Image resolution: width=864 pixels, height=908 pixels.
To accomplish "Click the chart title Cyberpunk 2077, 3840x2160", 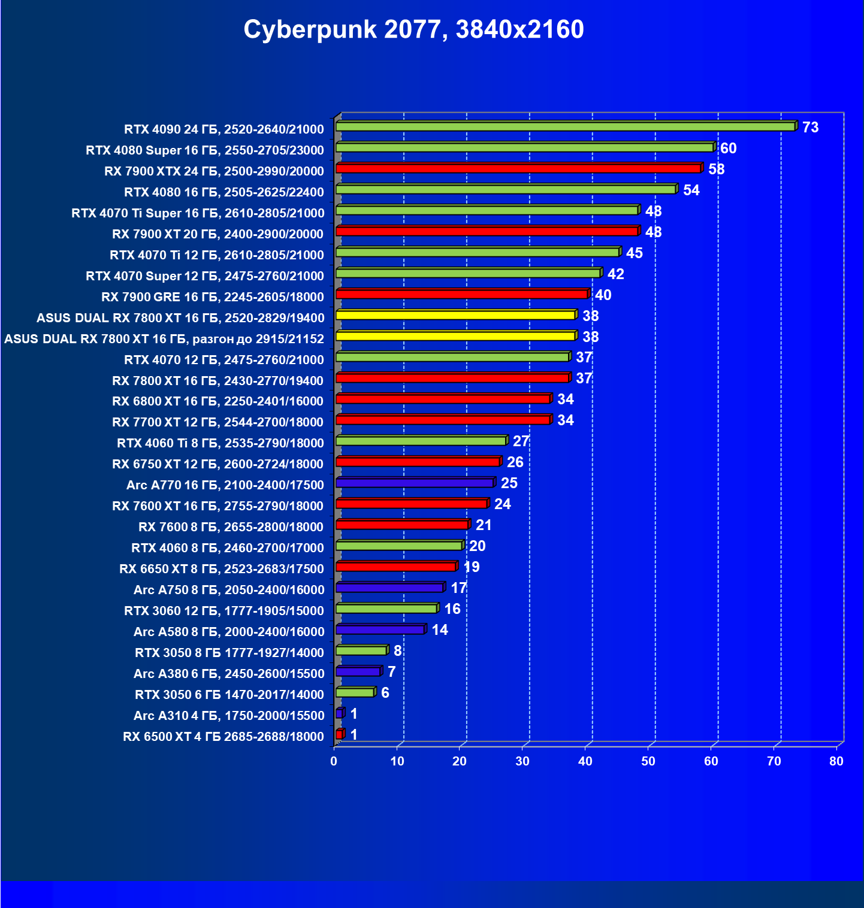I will tap(413, 29).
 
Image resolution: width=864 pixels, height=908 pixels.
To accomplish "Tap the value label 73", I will tap(810, 128).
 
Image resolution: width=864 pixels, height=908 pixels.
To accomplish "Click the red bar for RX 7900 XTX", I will tap(518, 168).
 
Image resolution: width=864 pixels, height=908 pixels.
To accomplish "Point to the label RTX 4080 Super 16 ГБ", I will tap(204, 150).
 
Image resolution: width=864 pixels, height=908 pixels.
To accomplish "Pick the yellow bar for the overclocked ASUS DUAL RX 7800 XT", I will tap(455, 336).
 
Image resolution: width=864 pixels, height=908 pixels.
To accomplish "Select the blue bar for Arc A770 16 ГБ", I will tap(415, 483).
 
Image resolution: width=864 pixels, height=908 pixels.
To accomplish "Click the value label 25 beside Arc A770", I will tap(509, 483).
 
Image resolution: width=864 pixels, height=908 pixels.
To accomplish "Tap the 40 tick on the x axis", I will tap(585, 761).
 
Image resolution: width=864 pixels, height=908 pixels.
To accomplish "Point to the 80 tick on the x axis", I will tap(836, 761).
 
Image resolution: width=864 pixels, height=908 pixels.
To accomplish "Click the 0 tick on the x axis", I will tap(334, 761).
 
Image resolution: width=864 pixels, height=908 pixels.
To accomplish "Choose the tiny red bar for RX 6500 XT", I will tap(340, 734).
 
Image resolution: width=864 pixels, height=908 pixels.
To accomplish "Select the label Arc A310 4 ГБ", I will tap(229, 716).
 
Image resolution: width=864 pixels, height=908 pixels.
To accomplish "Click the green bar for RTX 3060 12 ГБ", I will tap(386, 609).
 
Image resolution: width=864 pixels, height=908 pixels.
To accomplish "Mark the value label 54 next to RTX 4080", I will tap(691, 190).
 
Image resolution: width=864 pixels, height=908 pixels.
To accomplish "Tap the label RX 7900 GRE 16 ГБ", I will tap(213, 297).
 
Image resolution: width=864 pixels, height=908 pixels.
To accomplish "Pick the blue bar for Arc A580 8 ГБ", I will tap(380, 629).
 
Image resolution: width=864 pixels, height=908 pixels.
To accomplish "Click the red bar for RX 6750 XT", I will tap(418, 462).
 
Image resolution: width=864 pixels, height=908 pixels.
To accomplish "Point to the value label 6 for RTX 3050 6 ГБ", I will tap(385, 693).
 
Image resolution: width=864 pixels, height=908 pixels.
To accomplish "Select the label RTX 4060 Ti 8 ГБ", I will tap(220, 443).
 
